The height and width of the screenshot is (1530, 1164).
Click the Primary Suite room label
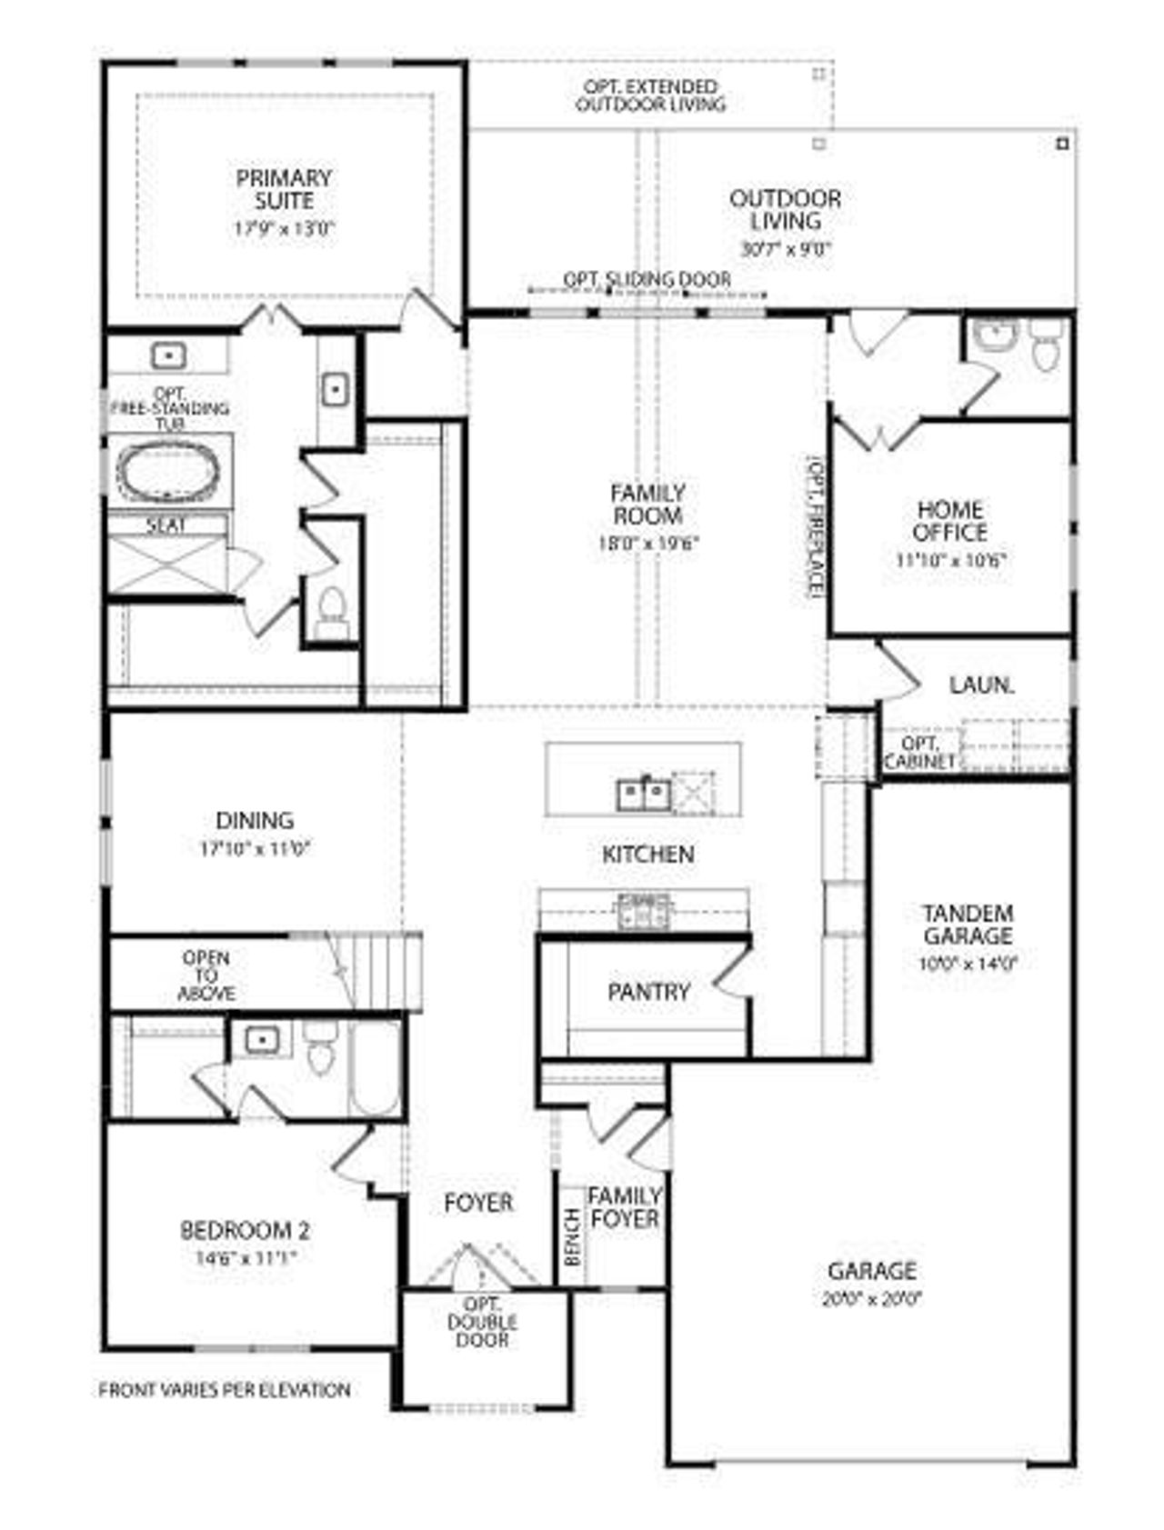pos(284,189)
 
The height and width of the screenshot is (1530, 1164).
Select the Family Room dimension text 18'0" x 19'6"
pos(647,545)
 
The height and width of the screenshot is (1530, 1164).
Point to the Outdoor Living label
pos(786,210)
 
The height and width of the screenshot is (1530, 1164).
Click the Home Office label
pos(950,521)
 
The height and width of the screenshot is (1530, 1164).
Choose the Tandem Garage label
pos(968,925)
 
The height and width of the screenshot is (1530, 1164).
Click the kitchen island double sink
pos(644,795)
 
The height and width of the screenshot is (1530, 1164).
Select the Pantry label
pos(648,991)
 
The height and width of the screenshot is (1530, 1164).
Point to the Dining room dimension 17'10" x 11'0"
pos(256,849)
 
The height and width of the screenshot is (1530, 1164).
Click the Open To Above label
pos(206,975)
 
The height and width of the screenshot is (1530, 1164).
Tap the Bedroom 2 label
pos(245,1231)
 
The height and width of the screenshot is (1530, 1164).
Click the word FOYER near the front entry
pos(478,1203)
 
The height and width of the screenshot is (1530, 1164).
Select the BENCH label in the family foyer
pos(572,1237)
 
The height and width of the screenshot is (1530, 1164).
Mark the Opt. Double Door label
pos(482,1323)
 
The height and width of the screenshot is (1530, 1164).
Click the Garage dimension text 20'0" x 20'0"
pos(871,1299)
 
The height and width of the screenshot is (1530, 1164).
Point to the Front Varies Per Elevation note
pos(225,1390)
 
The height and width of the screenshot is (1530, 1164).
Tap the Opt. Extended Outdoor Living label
pos(650,95)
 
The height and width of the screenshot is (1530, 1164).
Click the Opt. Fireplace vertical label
pos(813,526)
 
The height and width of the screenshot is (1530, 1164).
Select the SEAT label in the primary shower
pos(166,525)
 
